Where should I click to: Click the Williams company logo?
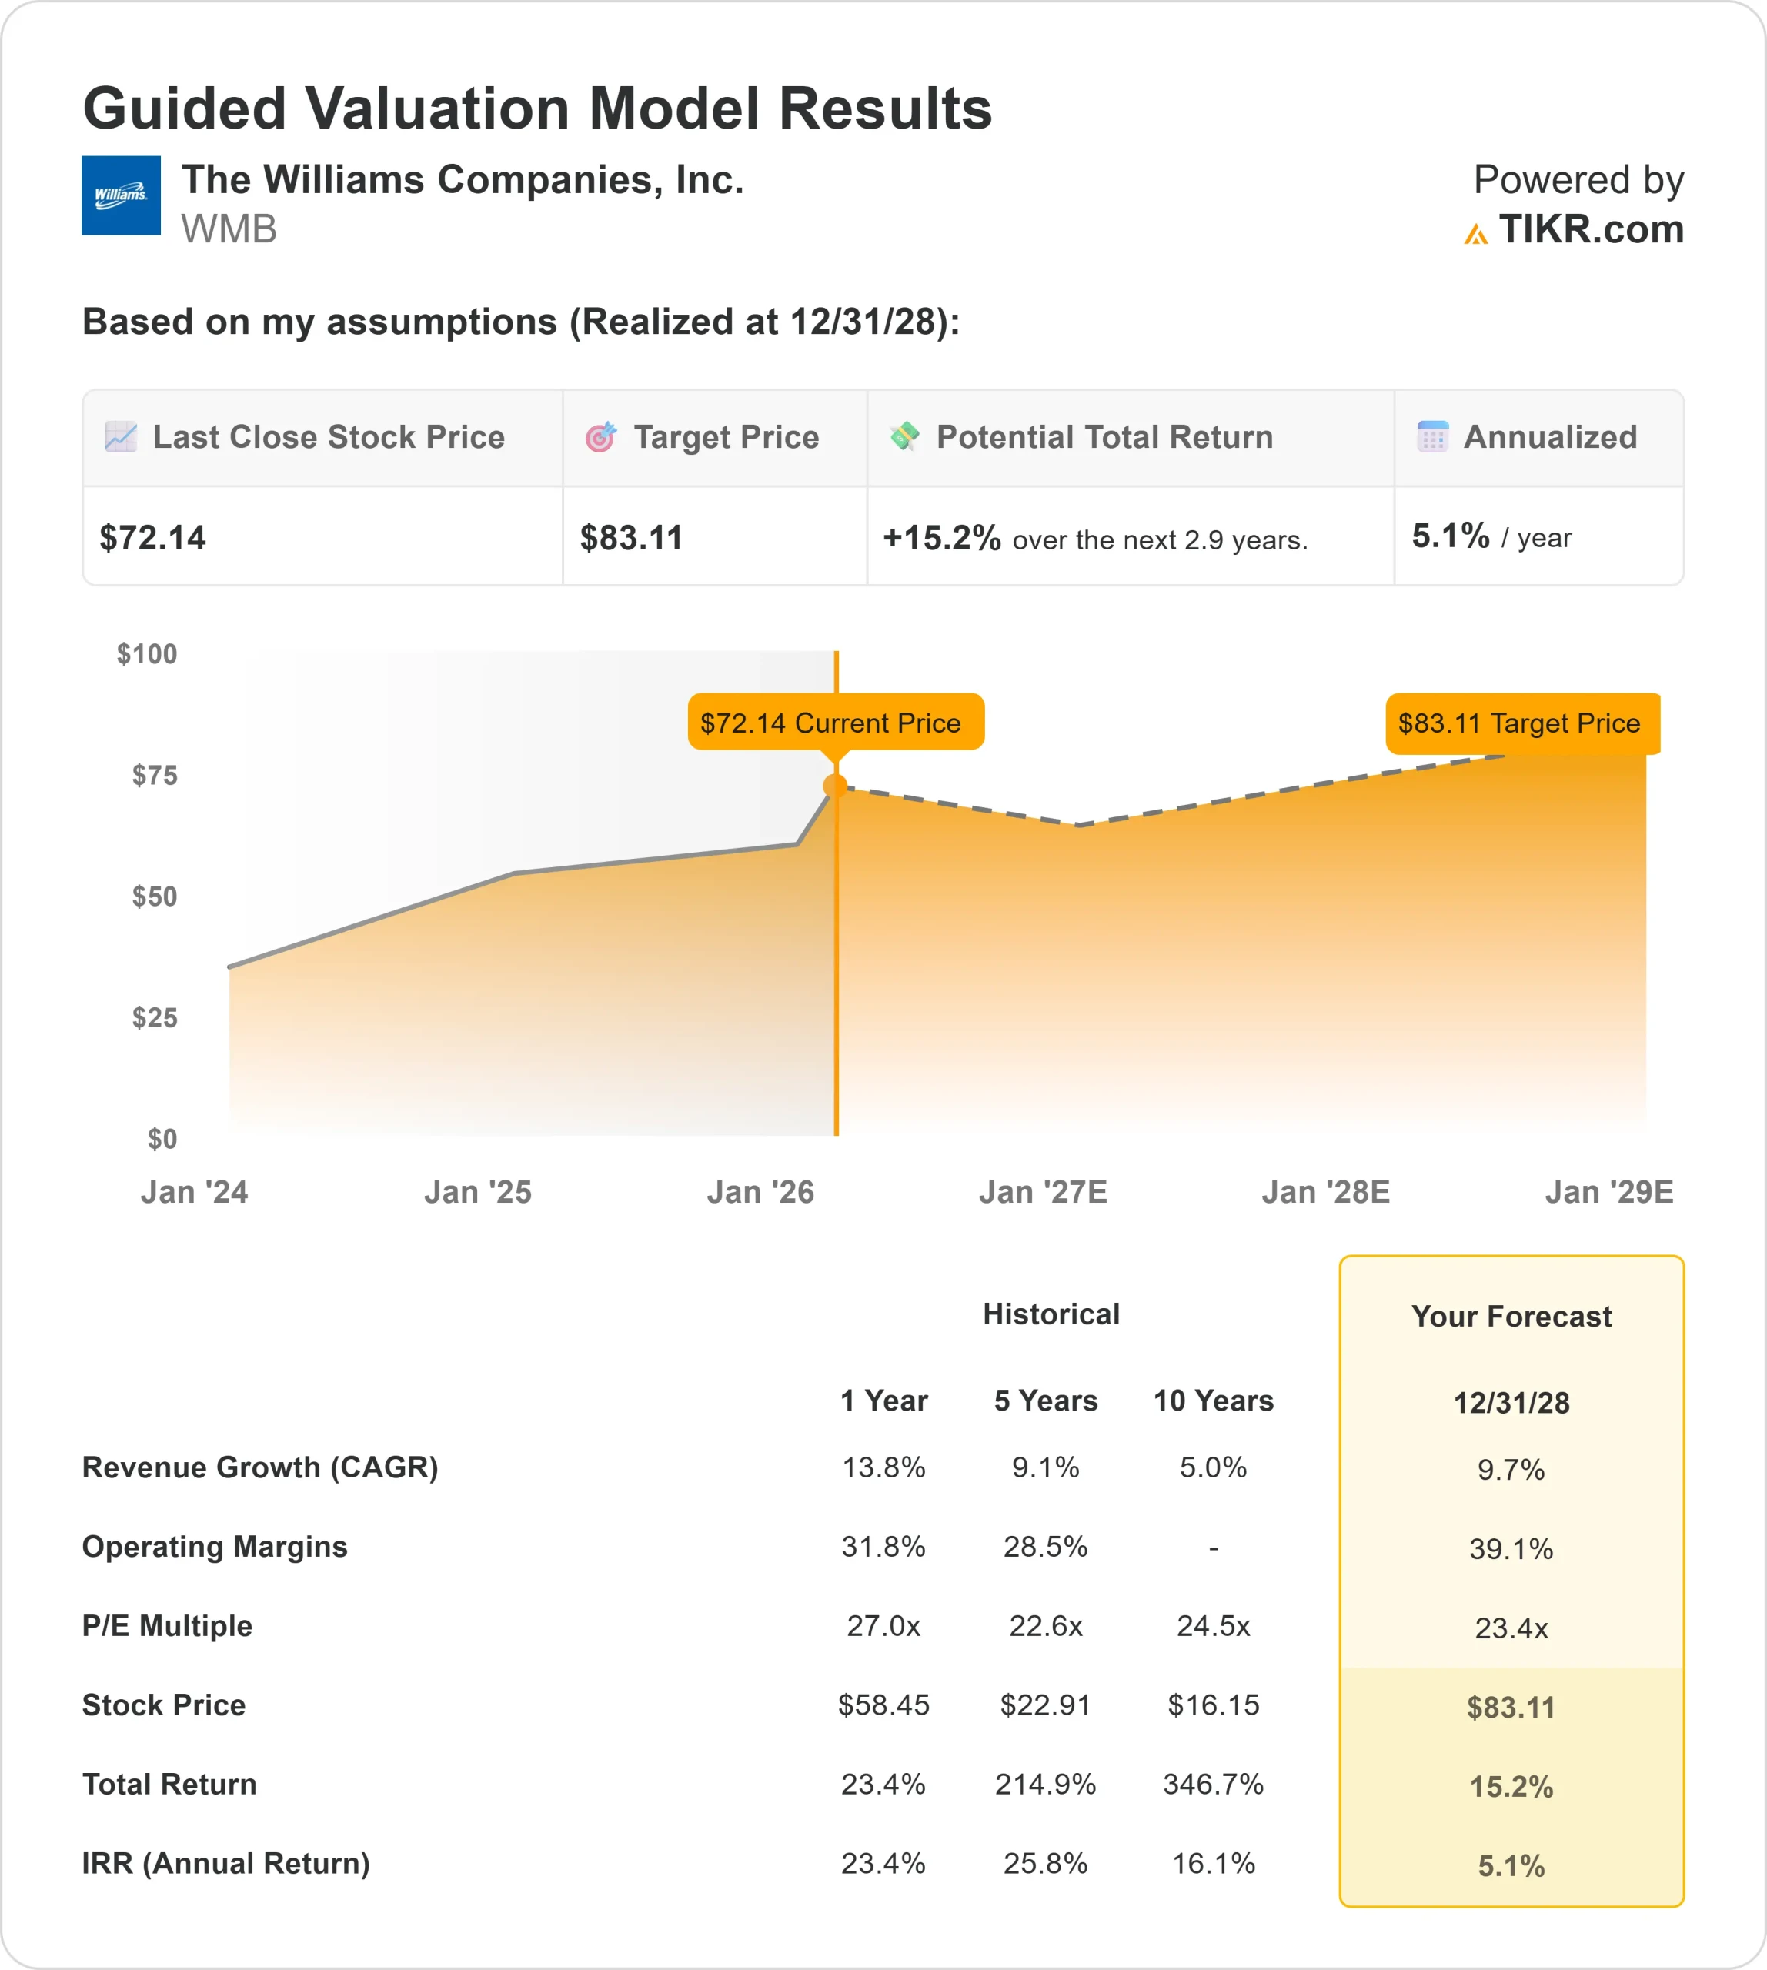[x=120, y=195]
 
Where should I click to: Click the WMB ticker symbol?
[x=228, y=230]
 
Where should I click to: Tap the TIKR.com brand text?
[x=1589, y=230]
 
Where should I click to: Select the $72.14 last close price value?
[x=152, y=538]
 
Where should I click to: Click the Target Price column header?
[x=725, y=437]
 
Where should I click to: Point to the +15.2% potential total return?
[x=940, y=538]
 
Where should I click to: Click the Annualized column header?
[x=1548, y=437]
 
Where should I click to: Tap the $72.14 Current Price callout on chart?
[x=835, y=723]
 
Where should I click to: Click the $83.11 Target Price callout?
[x=1521, y=723]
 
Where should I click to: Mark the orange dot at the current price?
[x=835, y=786]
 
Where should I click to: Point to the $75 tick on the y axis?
[x=155, y=775]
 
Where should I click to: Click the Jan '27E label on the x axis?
[x=1043, y=1191]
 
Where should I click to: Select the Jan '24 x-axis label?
[x=194, y=1191]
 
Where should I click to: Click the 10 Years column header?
[x=1213, y=1400]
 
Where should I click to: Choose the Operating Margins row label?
[x=215, y=1547]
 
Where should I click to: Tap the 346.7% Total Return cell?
[x=1213, y=1784]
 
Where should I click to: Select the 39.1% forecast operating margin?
[x=1511, y=1548]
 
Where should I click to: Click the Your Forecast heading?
[x=1511, y=1317]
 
